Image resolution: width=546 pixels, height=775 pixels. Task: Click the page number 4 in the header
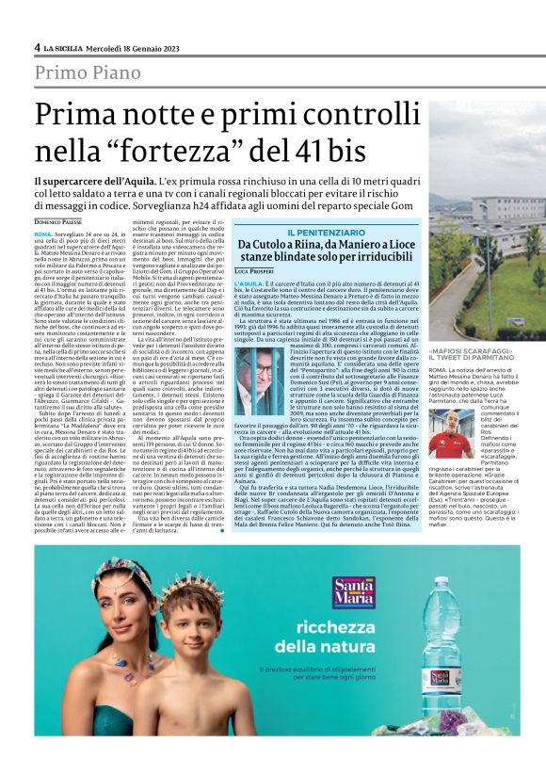coord(37,47)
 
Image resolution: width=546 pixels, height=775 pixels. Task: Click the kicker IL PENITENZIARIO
coord(325,232)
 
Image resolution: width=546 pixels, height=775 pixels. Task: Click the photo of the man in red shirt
coord(457,429)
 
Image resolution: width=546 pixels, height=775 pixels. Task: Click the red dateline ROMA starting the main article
coord(41,232)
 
